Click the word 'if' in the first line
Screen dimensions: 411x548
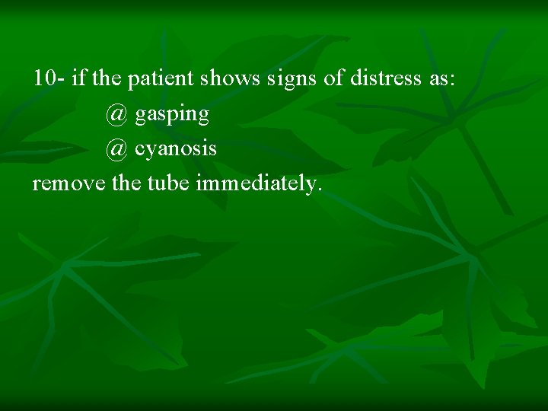[x=79, y=78]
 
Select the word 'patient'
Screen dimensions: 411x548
[x=156, y=79]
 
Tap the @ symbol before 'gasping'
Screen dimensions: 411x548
[x=117, y=114]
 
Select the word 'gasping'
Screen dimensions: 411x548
[x=172, y=115]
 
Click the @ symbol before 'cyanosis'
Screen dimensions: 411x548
[x=117, y=148]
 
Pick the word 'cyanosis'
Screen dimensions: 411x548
[x=176, y=149]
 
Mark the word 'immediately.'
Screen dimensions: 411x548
[x=260, y=183]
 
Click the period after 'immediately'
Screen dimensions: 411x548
[x=320, y=190]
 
